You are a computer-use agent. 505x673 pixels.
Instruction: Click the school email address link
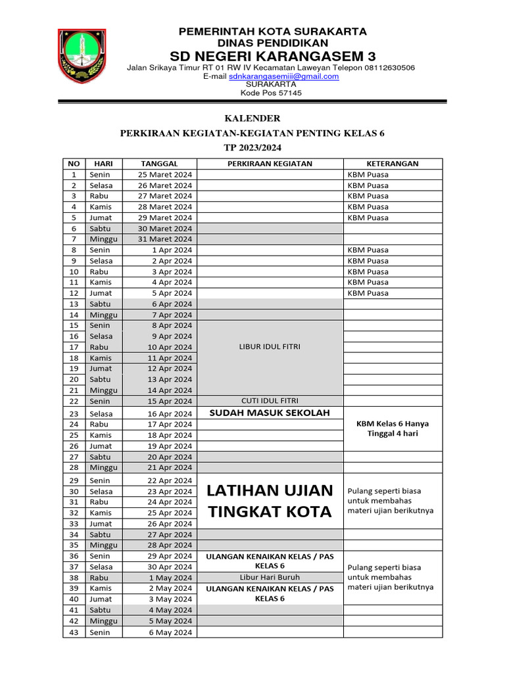[x=283, y=76]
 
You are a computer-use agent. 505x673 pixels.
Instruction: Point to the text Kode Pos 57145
[x=271, y=93]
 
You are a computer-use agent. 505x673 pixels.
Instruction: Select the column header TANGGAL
[x=159, y=164]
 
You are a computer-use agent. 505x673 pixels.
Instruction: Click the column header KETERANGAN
[x=393, y=164]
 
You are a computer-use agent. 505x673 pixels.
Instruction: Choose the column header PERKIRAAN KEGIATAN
[x=270, y=164]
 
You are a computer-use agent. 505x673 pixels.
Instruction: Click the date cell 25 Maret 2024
[x=165, y=175]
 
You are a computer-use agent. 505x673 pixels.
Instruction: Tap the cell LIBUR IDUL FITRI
[x=270, y=347]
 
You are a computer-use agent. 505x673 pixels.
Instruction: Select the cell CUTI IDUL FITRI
[x=270, y=400]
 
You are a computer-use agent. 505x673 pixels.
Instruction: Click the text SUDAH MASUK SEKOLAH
[x=270, y=413]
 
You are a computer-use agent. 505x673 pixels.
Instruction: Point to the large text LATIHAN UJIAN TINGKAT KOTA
[x=270, y=501]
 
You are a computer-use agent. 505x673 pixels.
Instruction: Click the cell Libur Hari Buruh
[x=270, y=578]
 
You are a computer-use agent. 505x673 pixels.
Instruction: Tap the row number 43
[x=74, y=632]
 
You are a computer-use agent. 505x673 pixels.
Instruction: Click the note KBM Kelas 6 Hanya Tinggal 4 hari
[x=393, y=429]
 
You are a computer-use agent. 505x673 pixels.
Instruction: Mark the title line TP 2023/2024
[x=252, y=148]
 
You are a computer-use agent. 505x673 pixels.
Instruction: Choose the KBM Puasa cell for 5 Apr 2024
[x=368, y=293]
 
